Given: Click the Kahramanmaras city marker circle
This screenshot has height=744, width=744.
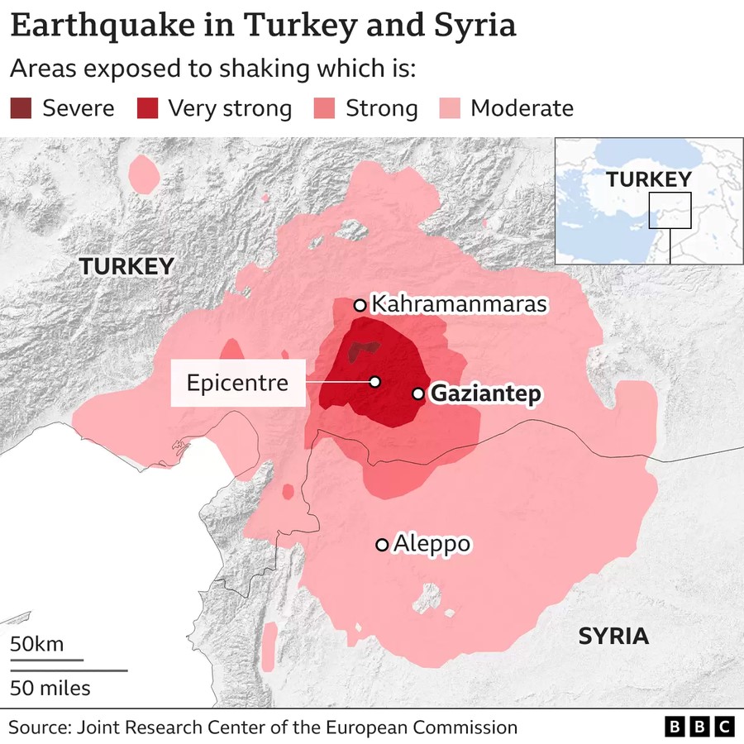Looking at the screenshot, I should pos(360,305).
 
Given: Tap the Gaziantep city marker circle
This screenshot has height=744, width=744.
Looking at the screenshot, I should pos(419,393).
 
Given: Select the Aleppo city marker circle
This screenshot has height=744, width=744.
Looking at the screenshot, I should pos(382,544).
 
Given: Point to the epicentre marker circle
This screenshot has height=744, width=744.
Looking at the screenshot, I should pos(374,382).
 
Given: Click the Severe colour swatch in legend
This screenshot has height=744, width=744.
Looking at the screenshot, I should pos(21,108).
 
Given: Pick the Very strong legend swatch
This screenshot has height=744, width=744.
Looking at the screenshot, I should pos(148,108).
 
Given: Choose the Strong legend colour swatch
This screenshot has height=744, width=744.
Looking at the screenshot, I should pos(325,108).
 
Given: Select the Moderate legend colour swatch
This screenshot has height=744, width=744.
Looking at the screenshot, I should pos(450,108).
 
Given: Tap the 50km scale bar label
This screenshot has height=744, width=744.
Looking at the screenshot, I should pos(36,644).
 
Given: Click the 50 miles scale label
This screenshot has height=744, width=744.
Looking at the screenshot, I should pos(50,688).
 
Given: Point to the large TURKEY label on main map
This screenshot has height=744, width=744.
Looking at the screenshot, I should pos(126,266).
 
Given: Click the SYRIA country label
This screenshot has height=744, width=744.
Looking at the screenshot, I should pos(613,636).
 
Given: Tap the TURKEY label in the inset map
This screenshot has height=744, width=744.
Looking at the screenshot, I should pos(648,179).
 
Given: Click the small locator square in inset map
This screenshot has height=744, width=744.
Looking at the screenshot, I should pos(670,210).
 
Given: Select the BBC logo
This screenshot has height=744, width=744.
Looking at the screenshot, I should pos(699,727).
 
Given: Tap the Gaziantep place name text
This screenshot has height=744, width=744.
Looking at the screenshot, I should pos(487,394).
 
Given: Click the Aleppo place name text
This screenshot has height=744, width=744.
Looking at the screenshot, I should pos(432,544).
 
